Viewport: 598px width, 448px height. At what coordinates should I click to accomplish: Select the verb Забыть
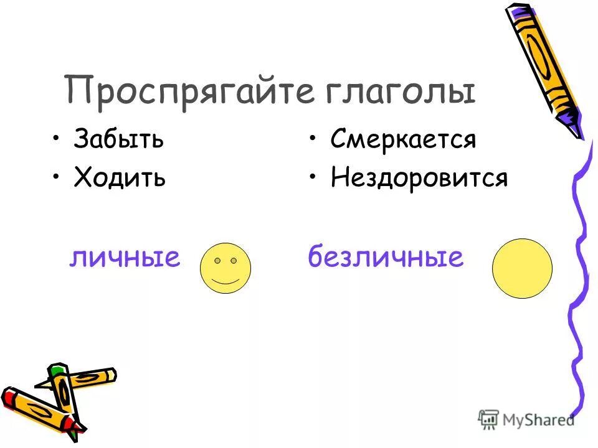point(118,139)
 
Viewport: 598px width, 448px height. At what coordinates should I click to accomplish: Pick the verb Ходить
point(120,178)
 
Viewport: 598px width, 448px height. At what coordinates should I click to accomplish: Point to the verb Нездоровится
point(419,179)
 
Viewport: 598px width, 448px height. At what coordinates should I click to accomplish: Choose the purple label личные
point(124,256)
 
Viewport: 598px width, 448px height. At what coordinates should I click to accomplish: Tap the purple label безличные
point(386,256)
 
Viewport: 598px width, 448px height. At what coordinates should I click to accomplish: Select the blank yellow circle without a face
point(522,268)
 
